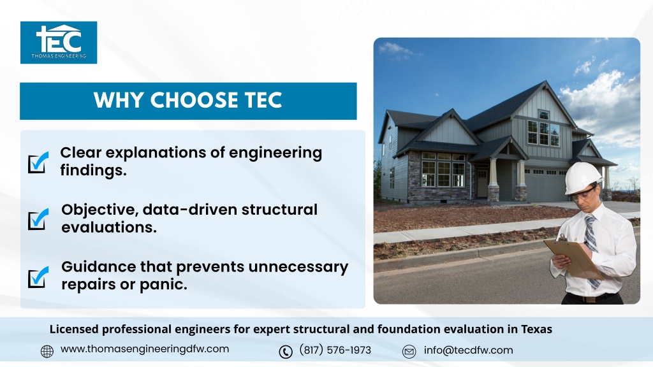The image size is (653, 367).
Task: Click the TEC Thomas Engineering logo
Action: click(x=59, y=43)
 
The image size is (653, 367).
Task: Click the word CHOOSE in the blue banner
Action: click(x=194, y=100)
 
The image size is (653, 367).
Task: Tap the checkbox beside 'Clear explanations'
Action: click(x=38, y=162)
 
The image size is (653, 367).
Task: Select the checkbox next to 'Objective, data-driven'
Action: click(x=38, y=219)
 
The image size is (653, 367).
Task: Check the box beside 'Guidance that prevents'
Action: click(x=38, y=277)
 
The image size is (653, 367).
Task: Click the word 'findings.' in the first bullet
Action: click(x=93, y=171)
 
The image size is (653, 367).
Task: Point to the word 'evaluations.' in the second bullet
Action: click(x=109, y=227)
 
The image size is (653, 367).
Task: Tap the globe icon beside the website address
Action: click(x=47, y=352)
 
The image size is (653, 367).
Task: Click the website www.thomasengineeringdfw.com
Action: click(x=145, y=349)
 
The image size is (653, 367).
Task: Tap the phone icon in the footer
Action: click(x=286, y=352)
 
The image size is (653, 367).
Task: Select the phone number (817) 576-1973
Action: click(x=335, y=350)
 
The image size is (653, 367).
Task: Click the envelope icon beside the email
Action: click(x=409, y=352)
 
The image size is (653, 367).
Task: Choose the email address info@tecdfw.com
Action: click(x=469, y=350)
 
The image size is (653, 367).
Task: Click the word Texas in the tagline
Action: click(x=537, y=329)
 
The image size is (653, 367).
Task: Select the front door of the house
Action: click(x=482, y=183)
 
